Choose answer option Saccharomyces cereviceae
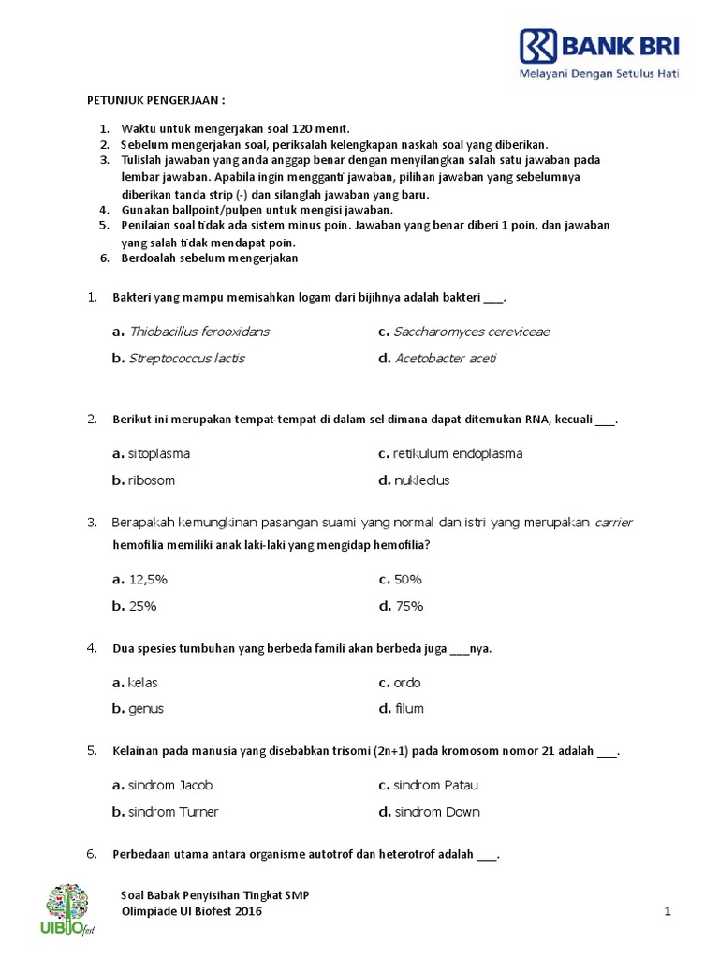(471, 332)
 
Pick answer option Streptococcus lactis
(186, 359)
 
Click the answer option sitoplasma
(158, 454)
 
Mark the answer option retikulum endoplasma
(457, 454)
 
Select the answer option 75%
(408, 606)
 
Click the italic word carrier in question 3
(614, 523)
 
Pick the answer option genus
(145, 709)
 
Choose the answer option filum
(408, 709)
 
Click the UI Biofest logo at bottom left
(69, 909)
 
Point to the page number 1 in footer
(668, 911)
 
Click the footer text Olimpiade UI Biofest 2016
(193, 911)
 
